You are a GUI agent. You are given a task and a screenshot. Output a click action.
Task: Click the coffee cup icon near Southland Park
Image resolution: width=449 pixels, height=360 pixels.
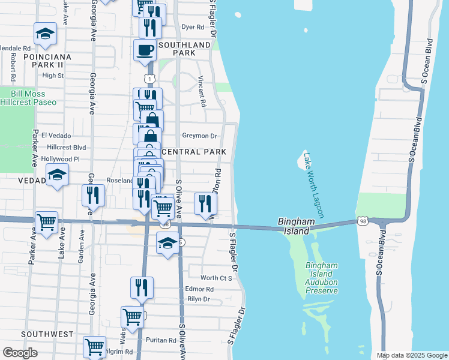click(x=145, y=50)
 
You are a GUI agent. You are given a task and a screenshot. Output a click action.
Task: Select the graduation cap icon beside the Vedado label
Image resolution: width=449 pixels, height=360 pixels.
click(x=57, y=175)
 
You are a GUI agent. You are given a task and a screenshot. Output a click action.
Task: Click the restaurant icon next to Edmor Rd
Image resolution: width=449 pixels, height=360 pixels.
click(x=142, y=287)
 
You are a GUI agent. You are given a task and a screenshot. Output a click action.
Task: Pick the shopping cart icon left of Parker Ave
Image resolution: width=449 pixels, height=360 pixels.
click(x=46, y=222)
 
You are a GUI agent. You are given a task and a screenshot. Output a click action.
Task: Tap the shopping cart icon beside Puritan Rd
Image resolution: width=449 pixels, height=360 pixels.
click(x=132, y=317)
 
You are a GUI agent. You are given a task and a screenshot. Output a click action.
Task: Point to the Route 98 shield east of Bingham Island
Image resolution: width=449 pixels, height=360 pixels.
click(x=363, y=221)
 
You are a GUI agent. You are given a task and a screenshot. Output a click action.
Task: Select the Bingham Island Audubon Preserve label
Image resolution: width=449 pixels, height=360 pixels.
click(x=321, y=278)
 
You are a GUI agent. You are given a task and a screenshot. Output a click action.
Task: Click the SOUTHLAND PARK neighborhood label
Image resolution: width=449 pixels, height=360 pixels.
click(x=185, y=49)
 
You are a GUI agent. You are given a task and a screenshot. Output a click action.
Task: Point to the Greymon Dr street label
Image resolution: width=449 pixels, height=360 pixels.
click(x=199, y=136)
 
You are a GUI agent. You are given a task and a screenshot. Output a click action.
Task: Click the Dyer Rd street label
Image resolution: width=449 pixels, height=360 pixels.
click(x=193, y=27)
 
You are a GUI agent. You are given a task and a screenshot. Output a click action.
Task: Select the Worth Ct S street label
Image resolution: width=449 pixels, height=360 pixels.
click(x=216, y=278)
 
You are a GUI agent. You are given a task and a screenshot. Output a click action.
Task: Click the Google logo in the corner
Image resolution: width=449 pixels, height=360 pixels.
click(x=20, y=353)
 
